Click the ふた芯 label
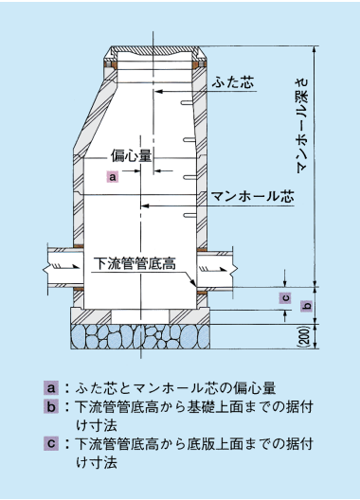click(x=233, y=82)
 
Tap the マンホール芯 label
click(x=252, y=196)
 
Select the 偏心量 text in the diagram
click(x=131, y=155)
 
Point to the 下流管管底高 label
click(x=136, y=264)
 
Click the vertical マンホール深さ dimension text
click(x=302, y=125)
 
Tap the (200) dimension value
click(x=305, y=337)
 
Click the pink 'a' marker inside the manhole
click(x=113, y=176)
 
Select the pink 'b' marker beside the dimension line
click(x=306, y=306)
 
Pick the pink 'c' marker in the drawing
click(x=286, y=298)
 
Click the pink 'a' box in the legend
click(x=51, y=388)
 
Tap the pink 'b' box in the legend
click(x=51, y=407)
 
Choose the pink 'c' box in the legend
click(x=51, y=443)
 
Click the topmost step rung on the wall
click(x=188, y=102)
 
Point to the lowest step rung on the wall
click(x=189, y=216)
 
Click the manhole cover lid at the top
click(x=155, y=50)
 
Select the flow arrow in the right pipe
click(x=213, y=270)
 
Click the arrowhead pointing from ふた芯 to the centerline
click(x=158, y=92)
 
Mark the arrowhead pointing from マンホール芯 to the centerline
click(x=145, y=205)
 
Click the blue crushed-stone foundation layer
click(x=140, y=337)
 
